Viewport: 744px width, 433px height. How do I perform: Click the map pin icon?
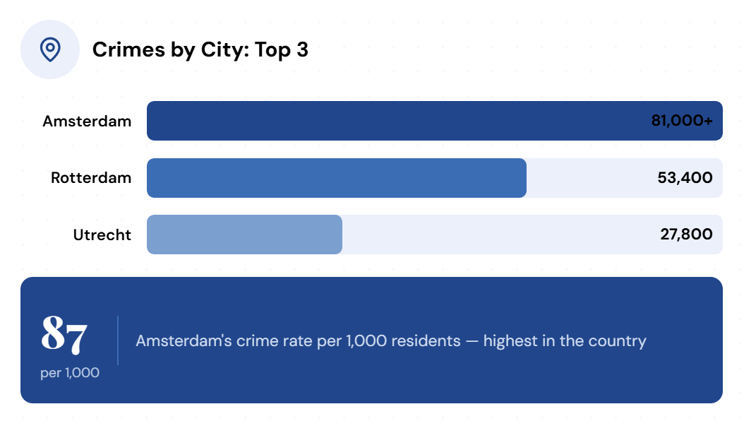click(50, 49)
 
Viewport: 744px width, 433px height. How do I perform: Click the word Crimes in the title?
click(128, 49)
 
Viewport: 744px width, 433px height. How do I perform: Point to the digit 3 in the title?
click(303, 49)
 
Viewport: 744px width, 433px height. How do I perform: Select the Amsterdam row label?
click(87, 121)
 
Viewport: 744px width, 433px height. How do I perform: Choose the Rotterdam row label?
click(91, 177)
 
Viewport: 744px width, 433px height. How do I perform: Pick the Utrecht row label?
click(102, 235)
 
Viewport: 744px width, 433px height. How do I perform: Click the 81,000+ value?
click(682, 121)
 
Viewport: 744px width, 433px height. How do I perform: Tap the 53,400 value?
click(685, 177)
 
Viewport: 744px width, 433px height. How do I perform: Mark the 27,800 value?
click(687, 234)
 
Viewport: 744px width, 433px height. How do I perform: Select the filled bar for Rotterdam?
click(337, 178)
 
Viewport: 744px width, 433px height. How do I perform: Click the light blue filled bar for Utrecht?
click(244, 235)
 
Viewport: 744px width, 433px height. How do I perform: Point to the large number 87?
click(64, 335)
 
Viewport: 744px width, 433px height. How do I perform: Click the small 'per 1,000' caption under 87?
click(70, 373)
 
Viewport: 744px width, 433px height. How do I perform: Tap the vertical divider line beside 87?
click(118, 340)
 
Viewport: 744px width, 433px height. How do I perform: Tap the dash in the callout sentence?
click(472, 342)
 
